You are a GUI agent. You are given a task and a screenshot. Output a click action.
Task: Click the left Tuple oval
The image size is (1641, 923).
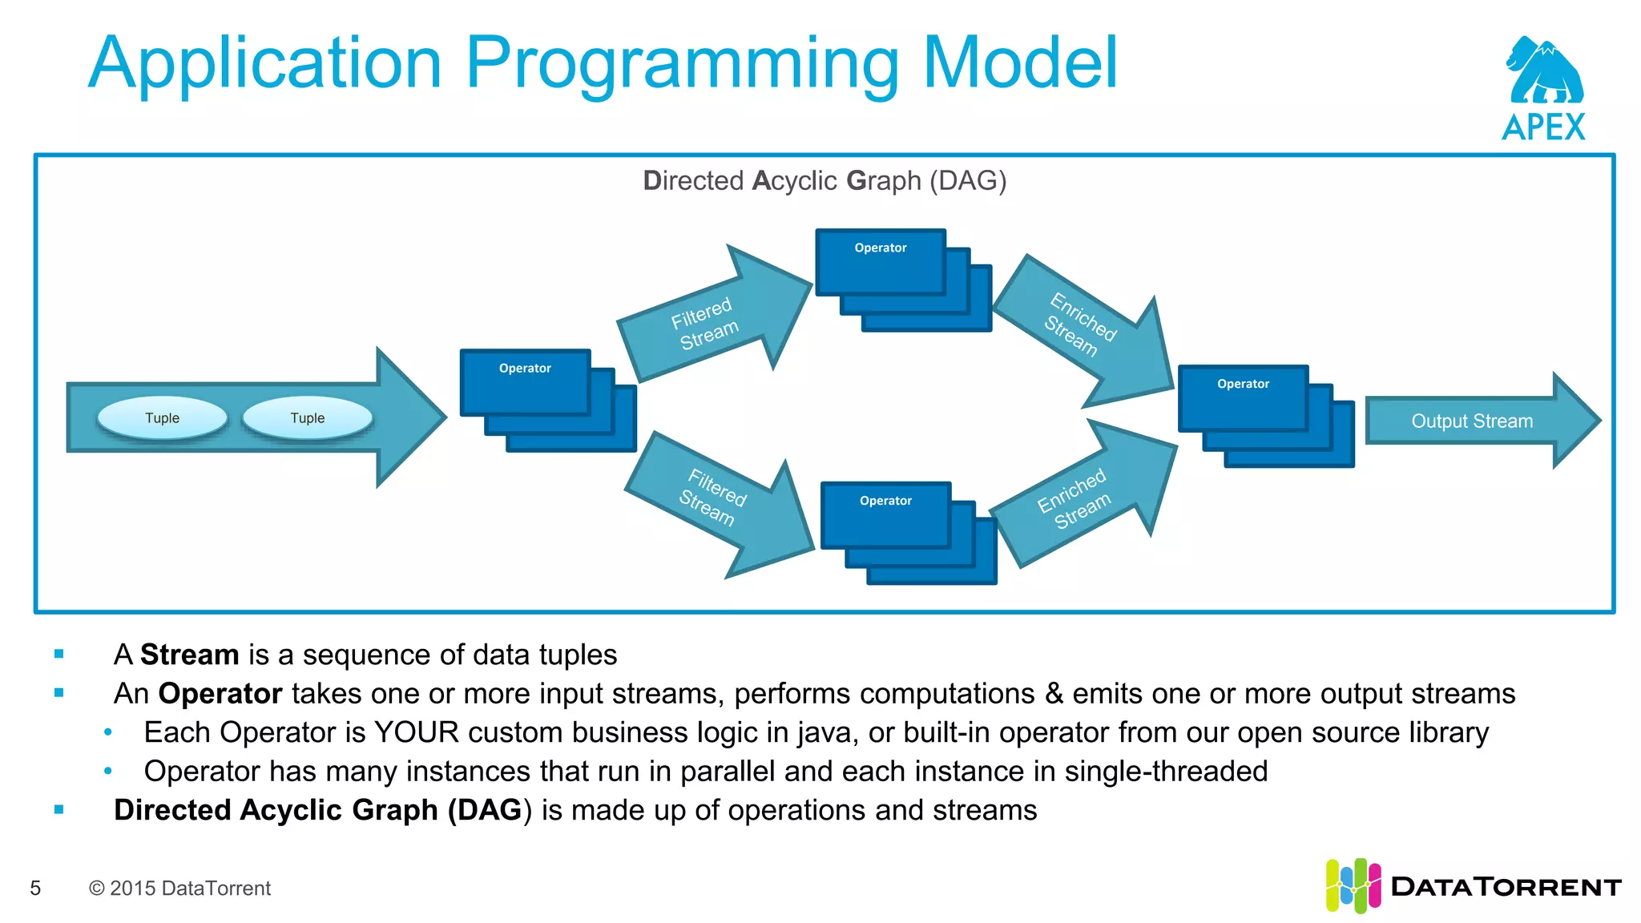(162, 417)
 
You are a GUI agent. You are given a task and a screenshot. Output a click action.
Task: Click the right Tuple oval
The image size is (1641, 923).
(308, 417)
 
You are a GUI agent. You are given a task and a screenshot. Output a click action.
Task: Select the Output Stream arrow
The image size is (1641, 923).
(1473, 421)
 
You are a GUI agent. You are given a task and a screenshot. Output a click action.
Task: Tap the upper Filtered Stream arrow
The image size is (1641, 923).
(705, 323)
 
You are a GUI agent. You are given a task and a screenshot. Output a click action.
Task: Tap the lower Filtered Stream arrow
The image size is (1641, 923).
(712, 498)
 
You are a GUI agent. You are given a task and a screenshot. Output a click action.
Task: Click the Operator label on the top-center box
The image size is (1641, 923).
(880, 248)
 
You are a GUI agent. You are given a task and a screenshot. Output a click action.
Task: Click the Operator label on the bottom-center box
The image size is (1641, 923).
(885, 501)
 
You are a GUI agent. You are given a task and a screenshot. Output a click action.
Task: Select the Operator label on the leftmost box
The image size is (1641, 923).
(525, 369)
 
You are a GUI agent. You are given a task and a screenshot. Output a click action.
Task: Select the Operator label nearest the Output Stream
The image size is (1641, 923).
(1243, 385)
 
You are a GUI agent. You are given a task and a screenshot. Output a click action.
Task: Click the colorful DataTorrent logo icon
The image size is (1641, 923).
(1353, 885)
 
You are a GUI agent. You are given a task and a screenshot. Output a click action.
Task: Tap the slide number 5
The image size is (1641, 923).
(35, 888)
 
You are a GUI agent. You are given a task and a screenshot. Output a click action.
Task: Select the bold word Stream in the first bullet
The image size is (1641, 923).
(189, 655)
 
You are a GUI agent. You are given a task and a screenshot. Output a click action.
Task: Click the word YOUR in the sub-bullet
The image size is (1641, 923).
(416, 732)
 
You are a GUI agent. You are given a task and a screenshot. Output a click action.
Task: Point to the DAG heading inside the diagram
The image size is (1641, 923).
(824, 181)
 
